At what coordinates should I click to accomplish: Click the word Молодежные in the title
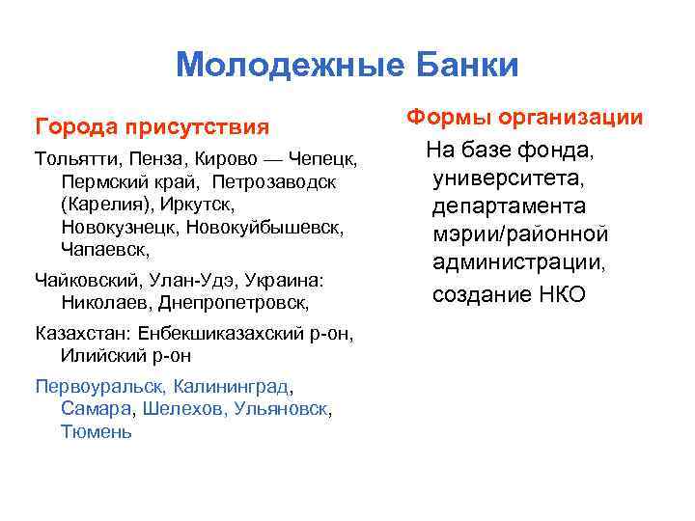273,65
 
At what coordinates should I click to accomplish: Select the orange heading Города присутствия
151,126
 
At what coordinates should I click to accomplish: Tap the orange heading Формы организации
524,118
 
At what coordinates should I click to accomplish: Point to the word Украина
288,280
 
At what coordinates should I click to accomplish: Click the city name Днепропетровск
243,303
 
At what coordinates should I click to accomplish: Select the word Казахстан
82,333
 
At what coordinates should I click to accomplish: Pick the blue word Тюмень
96,432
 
